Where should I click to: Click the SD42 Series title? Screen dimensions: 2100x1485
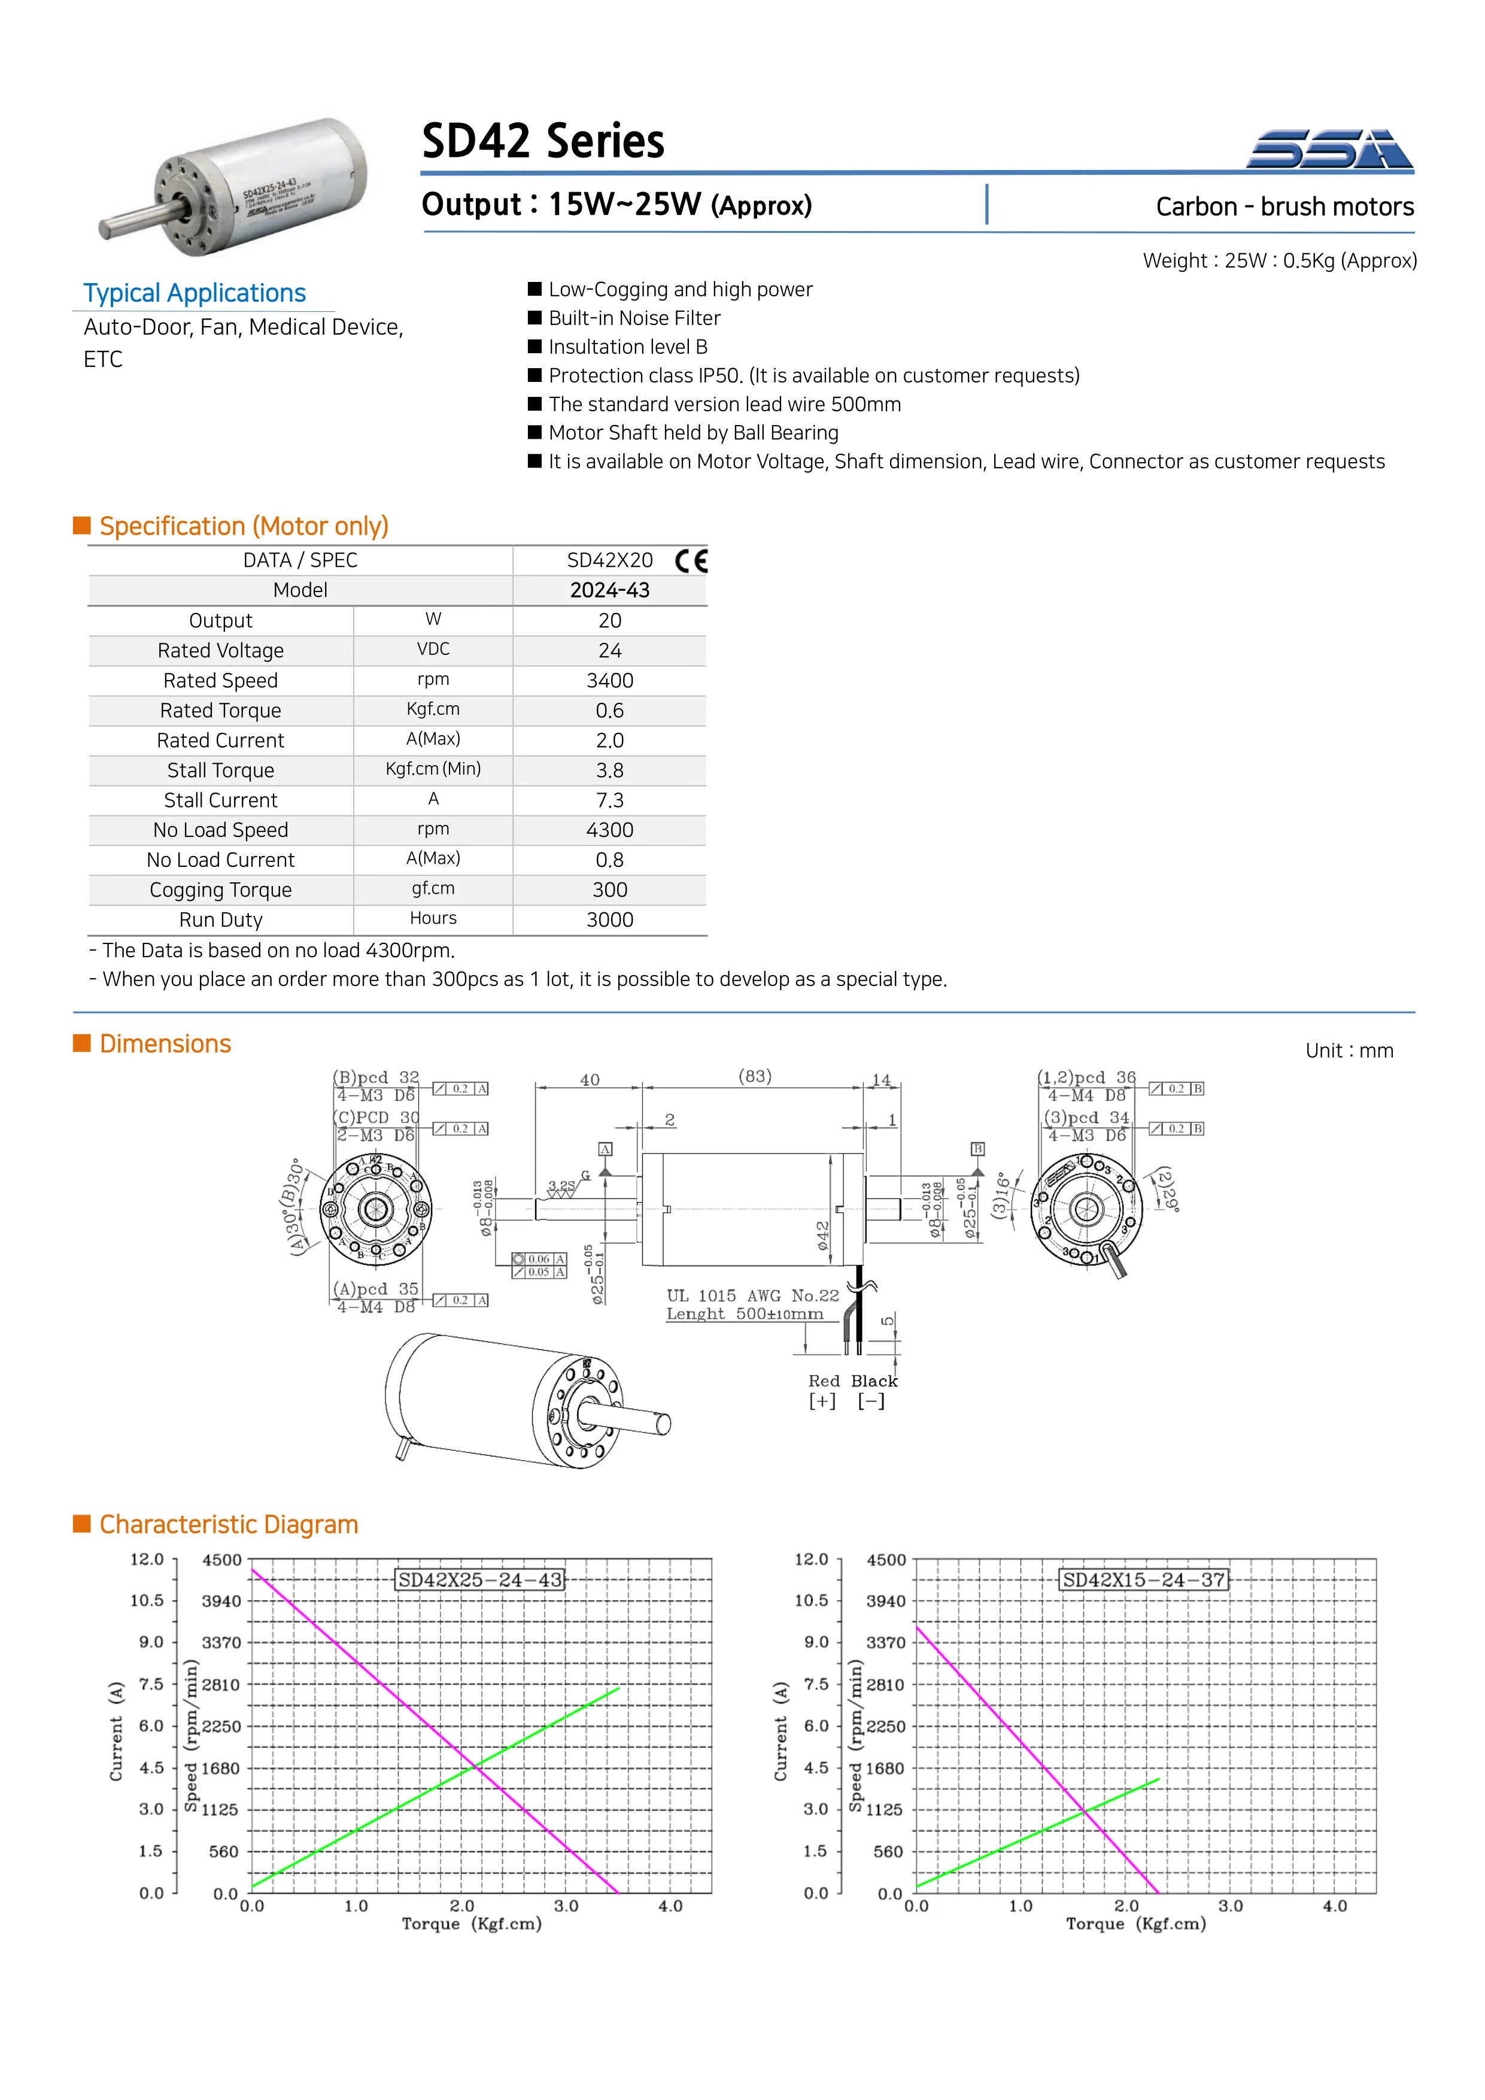coord(542,142)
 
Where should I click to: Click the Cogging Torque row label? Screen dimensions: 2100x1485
coord(220,890)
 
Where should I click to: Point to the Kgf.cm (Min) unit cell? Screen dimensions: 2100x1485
coord(433,769)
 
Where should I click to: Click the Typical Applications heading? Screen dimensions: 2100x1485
coord(194,293)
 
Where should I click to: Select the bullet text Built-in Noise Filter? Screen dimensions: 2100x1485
coord(634,318)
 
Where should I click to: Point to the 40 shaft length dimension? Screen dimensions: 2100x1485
coord(589,1080)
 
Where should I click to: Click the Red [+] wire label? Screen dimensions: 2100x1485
coord(823,1390)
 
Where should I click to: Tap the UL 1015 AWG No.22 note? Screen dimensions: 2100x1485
coord(752,1296)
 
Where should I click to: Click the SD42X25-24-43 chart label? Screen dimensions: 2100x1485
coord(479,1580)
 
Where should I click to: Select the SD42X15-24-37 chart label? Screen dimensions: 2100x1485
coord(1143,1580)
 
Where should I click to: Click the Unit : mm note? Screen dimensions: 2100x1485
coord(1349,1051)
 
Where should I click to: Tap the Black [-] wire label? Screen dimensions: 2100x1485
coord(873,1390)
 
